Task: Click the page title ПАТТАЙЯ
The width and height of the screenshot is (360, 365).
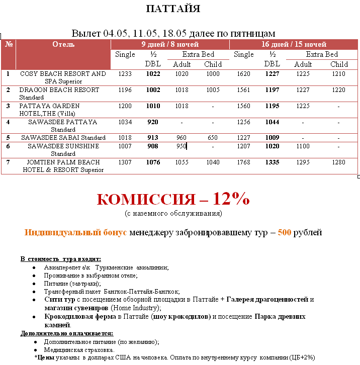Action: click(172, 9)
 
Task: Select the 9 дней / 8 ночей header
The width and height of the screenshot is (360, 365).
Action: click(169, 44)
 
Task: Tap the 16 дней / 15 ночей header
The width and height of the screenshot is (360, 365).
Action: click(294, 44)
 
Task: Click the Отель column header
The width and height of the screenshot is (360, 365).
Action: click(63, 44)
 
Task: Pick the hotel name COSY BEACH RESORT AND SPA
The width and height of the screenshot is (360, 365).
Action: click(63, 77)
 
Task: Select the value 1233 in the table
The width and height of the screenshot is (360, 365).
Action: click(125, 74)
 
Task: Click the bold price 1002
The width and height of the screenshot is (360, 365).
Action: click(153, 90)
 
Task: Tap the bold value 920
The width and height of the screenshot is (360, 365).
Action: click(153, 122)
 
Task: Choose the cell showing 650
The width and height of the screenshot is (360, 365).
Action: click(213, 138)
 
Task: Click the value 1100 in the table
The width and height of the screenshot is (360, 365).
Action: click(303, 146)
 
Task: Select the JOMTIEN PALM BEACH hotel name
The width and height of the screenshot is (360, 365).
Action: click(63, 166)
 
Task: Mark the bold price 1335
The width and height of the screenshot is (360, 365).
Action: click(272, 162)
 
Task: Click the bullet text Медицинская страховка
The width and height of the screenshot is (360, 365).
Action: click(79, 350)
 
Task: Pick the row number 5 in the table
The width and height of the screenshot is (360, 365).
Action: click(8, 138)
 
